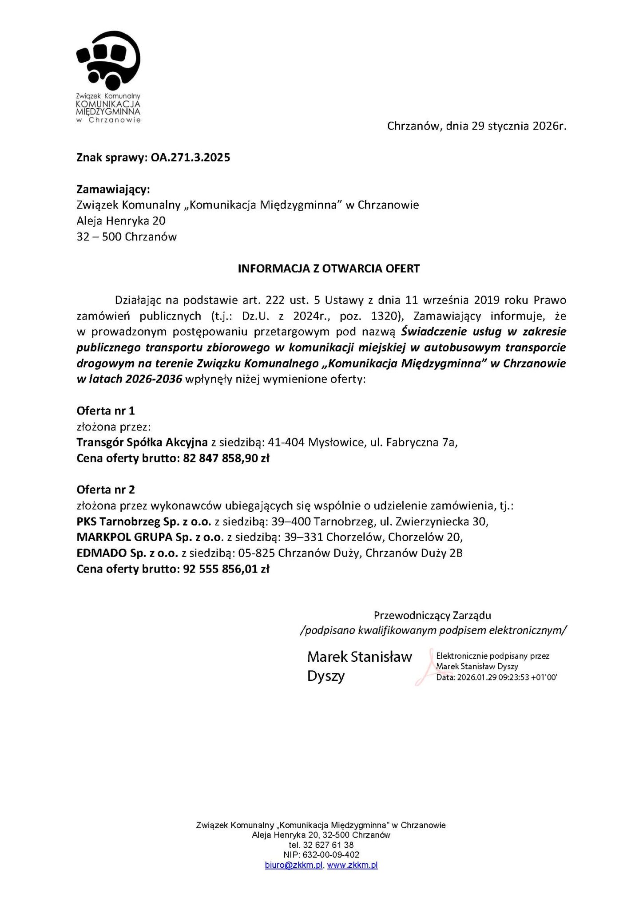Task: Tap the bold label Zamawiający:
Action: click(x=113, y=190)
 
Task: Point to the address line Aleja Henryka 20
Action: click(x=121, y=221)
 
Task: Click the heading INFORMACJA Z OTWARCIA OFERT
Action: click(x=329, y=269)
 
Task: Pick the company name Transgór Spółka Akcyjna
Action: click(x=142, y=442)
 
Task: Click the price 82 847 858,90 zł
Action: click(x=226, y=458)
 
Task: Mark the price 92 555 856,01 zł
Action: click(x=226, y=569)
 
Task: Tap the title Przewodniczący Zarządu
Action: click(x=432, y=616)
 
